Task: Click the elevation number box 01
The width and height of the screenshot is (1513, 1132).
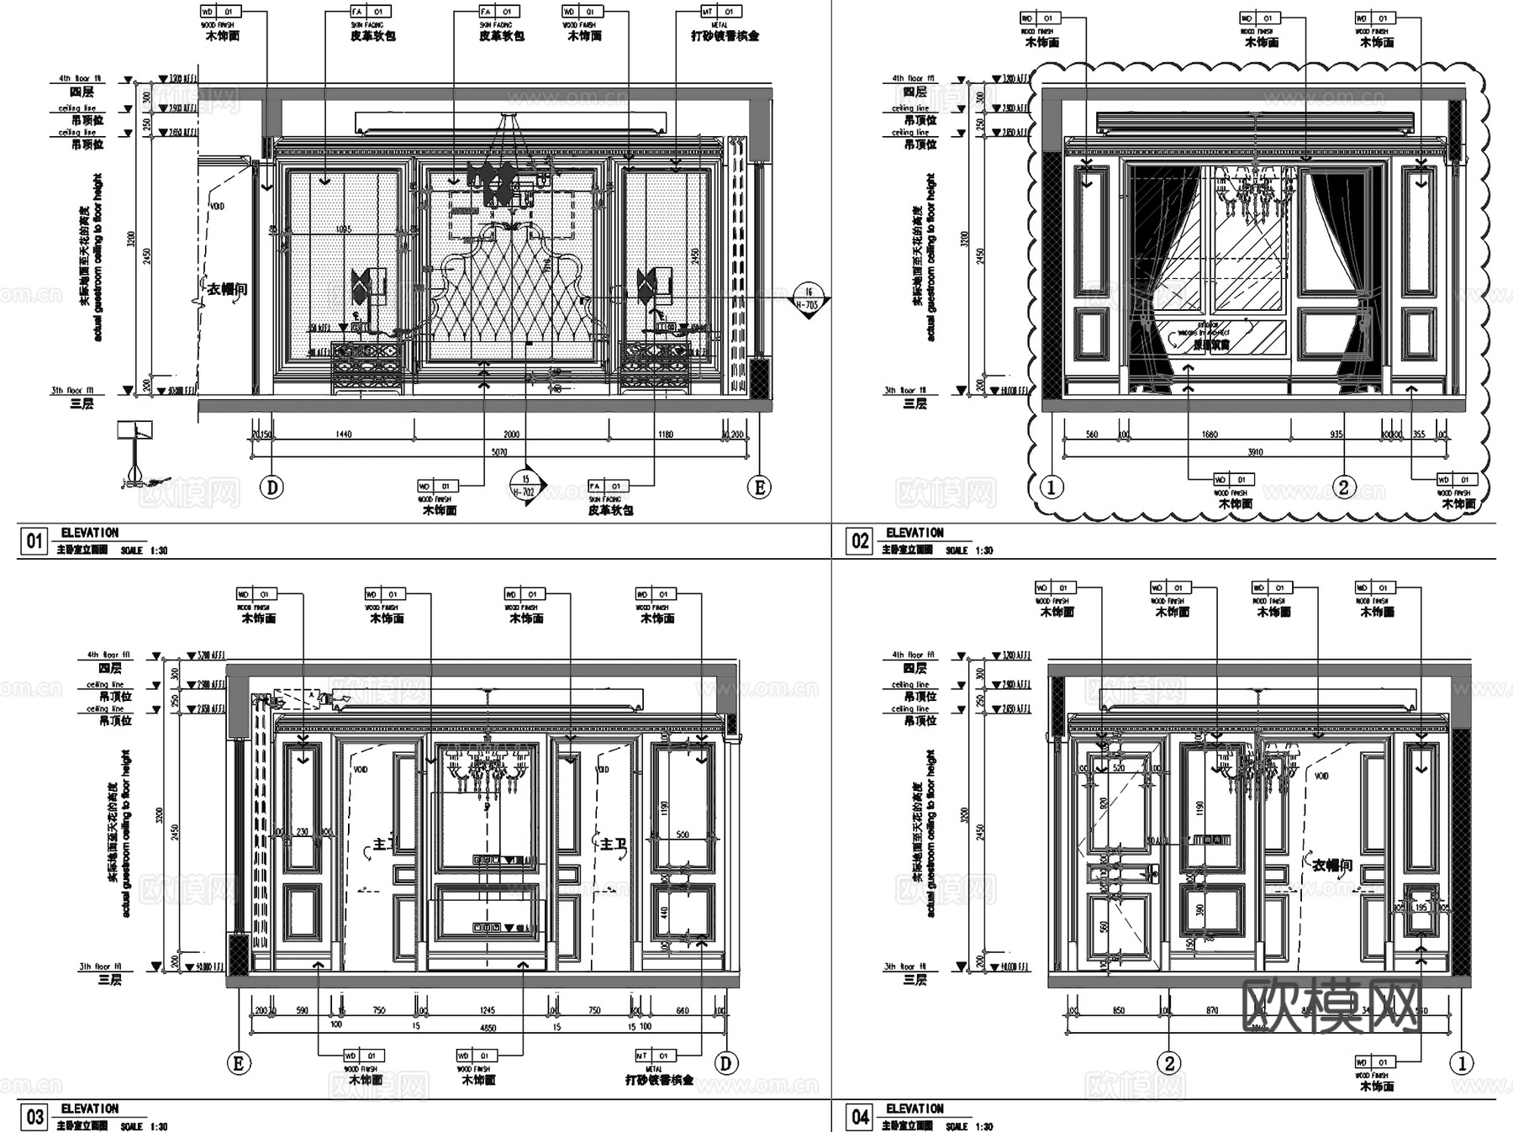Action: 34,540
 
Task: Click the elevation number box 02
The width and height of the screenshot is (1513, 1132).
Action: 860,540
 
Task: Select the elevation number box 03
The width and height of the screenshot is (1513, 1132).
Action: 34,1117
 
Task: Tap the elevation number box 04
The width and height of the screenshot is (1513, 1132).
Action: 860,1117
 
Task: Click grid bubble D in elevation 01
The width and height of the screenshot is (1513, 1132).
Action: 271,487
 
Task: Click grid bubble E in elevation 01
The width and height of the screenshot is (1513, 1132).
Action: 759,487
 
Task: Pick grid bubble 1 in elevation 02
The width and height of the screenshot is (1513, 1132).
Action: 1052,486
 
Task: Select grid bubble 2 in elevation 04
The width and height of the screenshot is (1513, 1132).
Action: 1169,1063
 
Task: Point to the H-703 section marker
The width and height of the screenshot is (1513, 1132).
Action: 808,299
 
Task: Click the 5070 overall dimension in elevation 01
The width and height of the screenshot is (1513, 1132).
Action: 499,452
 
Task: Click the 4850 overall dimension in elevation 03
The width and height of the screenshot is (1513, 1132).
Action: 488,1028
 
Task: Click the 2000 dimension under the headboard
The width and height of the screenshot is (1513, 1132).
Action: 511,434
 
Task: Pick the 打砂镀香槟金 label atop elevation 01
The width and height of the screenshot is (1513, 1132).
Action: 725,36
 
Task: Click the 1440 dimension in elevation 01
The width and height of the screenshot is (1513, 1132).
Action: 343,434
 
